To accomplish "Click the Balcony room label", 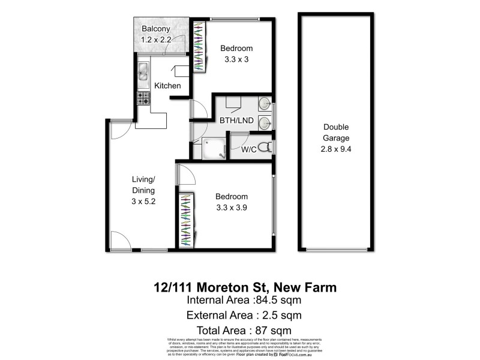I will pos(156,29).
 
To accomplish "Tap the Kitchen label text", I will pos(167,86).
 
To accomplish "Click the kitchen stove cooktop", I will pos(143,98).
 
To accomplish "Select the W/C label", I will pos(250,150).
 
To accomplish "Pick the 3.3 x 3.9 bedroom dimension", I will pos(231,207).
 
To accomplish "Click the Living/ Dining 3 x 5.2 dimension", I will pos(144,202).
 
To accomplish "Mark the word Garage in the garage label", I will pos(336,138).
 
